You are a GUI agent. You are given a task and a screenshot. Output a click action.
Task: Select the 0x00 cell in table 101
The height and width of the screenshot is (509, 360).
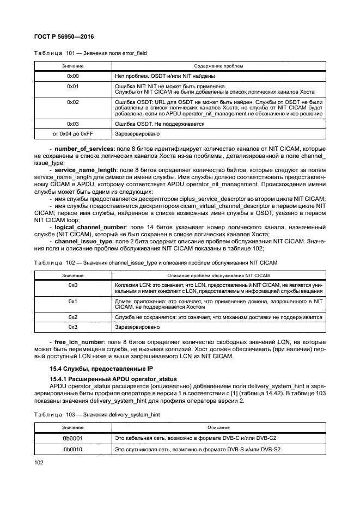[x=73, y=76]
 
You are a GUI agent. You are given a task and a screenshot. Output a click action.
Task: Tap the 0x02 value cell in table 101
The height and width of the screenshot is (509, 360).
[x=73, y=102]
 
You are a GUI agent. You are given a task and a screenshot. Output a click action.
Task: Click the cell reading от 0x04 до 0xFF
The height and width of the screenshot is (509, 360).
[x=73, y=133]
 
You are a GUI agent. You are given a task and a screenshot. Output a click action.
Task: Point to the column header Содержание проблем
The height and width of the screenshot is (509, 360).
[x=218, y=66]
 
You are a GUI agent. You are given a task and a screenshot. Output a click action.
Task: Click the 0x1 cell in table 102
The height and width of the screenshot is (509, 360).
[x=73, y=301]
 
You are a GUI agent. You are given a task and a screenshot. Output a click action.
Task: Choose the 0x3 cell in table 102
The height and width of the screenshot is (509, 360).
[x=73, y=327]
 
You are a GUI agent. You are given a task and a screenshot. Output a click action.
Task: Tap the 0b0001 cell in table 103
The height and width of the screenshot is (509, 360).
[x=73, y=438]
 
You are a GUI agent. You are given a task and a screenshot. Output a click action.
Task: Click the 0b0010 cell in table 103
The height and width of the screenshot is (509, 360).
[x=73, y=450]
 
